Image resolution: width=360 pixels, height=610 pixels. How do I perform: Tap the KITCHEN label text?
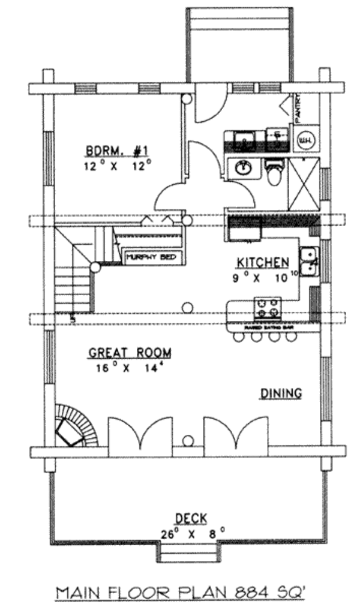[263, 262]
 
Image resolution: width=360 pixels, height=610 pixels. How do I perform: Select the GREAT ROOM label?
[130, 353]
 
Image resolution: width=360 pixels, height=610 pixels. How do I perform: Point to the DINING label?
[280, 393]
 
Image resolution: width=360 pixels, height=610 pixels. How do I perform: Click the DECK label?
[191, 518]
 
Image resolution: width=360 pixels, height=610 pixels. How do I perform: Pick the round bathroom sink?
[243, 169]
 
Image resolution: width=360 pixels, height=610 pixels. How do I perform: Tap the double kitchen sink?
[309, 262]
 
